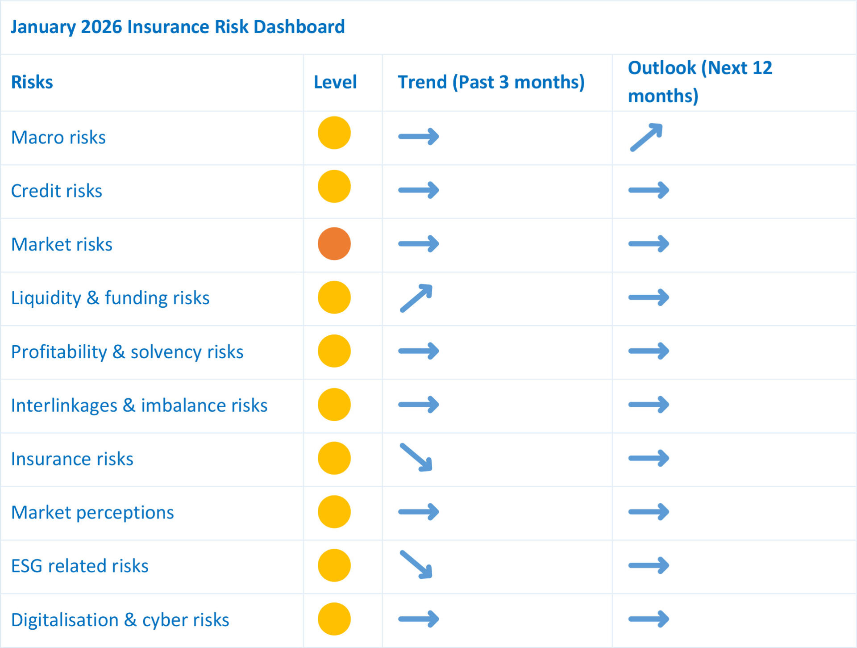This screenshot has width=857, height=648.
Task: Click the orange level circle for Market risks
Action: pos(334,244)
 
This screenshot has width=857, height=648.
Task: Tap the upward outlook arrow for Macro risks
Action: pos(646,137)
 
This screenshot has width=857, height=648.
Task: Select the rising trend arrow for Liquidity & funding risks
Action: pos(416,298)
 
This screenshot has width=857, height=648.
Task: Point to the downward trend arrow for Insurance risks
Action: pos(416,457)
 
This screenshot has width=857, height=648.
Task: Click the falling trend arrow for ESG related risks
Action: pos(416,565)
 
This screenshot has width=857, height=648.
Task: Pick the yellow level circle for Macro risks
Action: pos(334,133)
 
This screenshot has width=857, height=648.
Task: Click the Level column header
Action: pos(335,82)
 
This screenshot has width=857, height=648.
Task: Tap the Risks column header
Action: pos(32,82)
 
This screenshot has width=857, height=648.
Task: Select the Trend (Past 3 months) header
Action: pos(491,82)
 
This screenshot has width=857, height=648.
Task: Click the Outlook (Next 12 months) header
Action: pos(700,82)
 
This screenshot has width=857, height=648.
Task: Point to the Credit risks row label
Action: pos(57,191)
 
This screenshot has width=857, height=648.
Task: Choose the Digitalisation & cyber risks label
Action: pos(120,620)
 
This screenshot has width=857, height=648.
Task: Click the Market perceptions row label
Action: pos(92,512)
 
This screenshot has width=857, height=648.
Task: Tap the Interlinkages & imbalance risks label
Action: pos(139,405)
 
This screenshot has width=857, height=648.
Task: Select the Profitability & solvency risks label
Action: pos(127,351)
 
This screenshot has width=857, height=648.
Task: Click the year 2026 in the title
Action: pos(102,27)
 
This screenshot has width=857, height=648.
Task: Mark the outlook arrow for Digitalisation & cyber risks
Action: pos(649,619)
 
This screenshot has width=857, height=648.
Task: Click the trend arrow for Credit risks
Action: pos(419,190)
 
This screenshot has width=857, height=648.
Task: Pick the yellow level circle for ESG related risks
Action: pos(334,565)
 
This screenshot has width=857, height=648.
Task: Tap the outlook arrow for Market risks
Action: pos(649,244)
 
